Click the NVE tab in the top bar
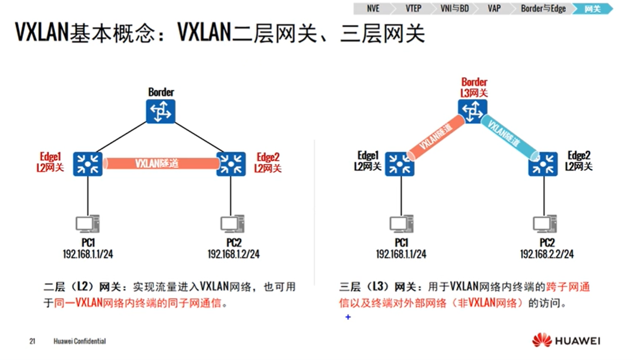tap(372, 9)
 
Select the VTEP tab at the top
tap(413, 9)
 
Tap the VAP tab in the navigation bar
tap(494, 9)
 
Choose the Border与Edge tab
tap(543, 9)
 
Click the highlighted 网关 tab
tap(592, 9)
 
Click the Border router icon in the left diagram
tap(161, 111)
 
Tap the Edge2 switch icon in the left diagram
tap(231, 163)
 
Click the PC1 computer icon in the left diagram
tap(88, 223)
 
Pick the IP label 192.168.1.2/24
tap(234, 254)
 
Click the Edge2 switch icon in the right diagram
tap(543, 163)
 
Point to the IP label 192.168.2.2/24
tap(547, 254)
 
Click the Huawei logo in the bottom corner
tap(565, 341)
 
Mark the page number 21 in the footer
tap(32, 341)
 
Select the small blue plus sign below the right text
tap(348, 317)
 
